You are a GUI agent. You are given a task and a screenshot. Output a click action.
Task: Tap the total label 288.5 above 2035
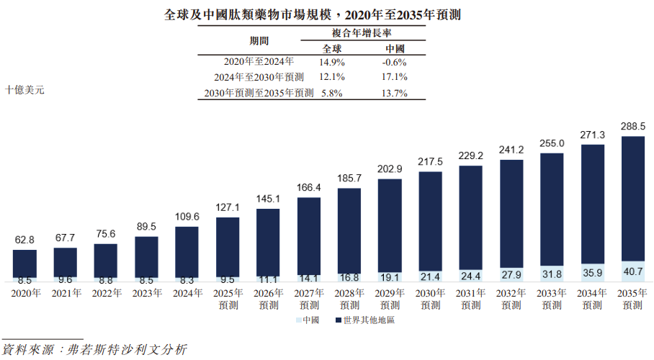(x=632, y=125)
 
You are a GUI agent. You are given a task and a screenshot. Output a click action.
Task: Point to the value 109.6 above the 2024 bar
(x=187, y=216)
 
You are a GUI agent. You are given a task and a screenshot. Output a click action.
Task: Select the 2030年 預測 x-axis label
(x=430, y=300)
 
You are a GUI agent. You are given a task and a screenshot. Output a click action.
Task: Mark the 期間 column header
(x=259, y=40)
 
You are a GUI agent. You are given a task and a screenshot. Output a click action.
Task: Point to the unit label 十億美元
(x=24, y=91)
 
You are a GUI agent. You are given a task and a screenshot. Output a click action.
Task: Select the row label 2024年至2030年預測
(x=259, y=77)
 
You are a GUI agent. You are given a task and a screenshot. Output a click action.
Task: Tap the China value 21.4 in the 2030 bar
(x=430, y=277)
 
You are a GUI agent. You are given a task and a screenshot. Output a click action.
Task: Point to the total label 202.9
(x=390, y=169)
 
